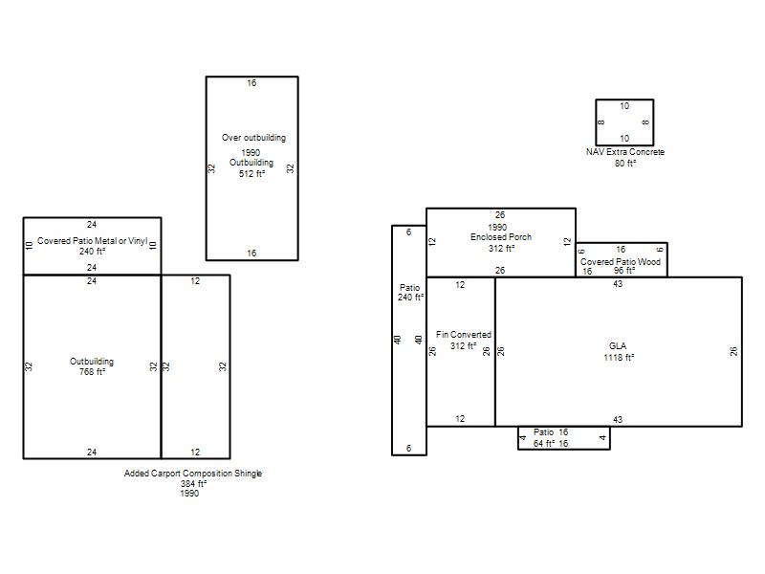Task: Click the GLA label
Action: (618, 346)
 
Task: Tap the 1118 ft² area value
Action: (619, 357)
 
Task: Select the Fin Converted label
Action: (464, 335)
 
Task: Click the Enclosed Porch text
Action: (501, 237)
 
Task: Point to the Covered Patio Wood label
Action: (621, 261)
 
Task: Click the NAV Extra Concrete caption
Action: (625, 152)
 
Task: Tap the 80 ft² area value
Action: (625, 163)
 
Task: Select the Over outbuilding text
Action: (253, 138)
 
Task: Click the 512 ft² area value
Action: (251, 174)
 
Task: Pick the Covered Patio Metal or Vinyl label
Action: (92, 241)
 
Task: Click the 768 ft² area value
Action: (92, 372)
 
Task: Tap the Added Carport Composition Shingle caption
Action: (193, 473)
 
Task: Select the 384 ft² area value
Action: (194, 484)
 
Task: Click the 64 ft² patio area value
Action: (544, 444)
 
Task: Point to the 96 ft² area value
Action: (624, 271)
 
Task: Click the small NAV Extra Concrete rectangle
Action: (596, 122)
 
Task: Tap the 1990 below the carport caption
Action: (189, 494)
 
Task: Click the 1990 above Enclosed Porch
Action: (497, 228)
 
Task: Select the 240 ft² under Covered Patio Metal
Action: (92, 252)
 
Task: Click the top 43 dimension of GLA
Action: (618, 284)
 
